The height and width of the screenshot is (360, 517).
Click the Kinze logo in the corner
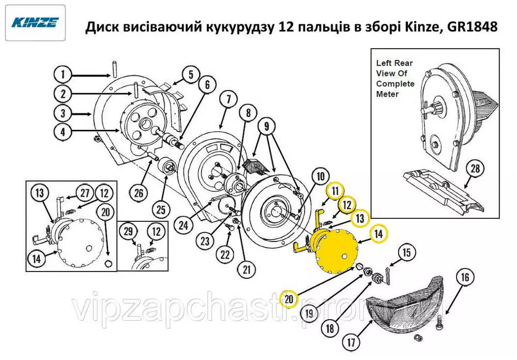[35, 23]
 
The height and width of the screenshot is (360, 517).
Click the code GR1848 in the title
[472, 26]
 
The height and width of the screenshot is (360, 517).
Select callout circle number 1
[63, 74]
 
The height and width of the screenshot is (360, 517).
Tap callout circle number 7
[229, 99]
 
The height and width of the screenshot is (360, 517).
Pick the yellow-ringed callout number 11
[335, 191]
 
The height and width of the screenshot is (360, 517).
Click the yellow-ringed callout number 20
[288, 299]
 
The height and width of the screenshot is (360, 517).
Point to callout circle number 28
[475, 168]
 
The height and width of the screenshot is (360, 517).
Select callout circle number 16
[465, 277]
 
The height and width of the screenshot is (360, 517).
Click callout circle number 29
[128, 231]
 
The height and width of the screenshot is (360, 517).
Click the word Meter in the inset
[387, 94]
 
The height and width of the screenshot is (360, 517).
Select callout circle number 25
[161, 209]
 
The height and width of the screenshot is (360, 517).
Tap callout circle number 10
[321, 176]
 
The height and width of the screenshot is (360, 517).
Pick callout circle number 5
[191, 74]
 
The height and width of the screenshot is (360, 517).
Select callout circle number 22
[225, 254]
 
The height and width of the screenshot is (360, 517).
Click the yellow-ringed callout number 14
[378, 234]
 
